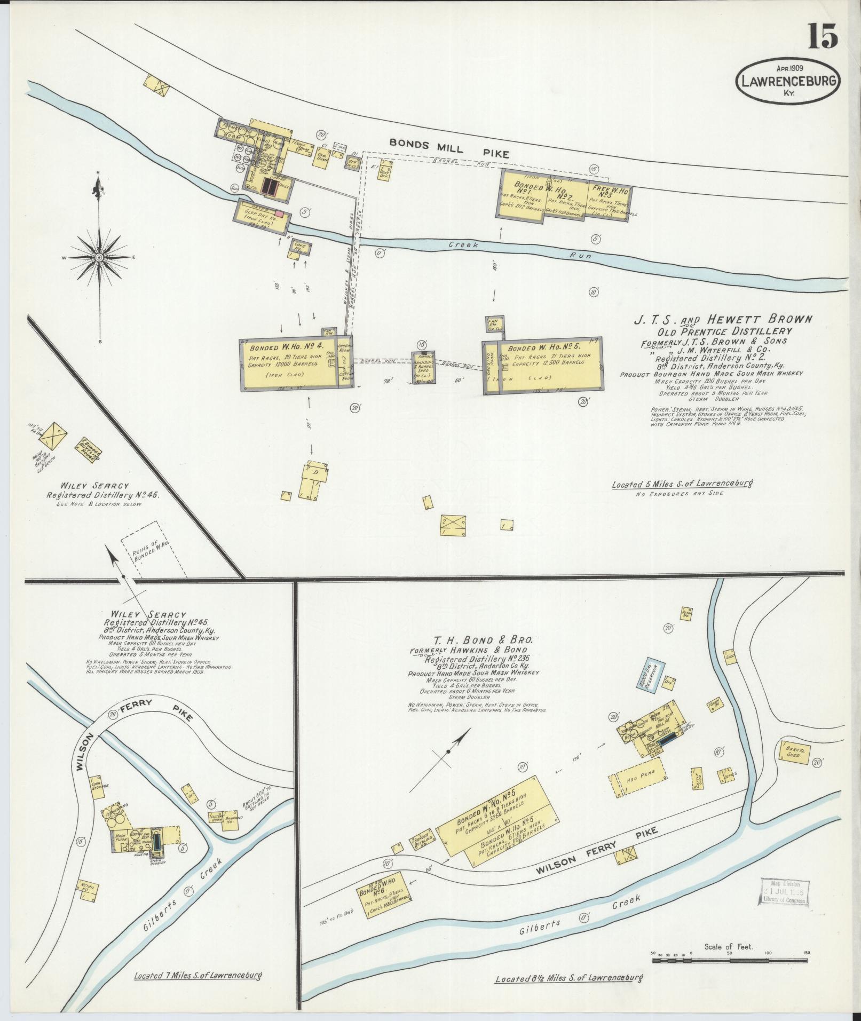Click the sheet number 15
tap(822, 36)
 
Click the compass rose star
tap(100, 258)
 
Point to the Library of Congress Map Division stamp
tap(784, 891)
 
